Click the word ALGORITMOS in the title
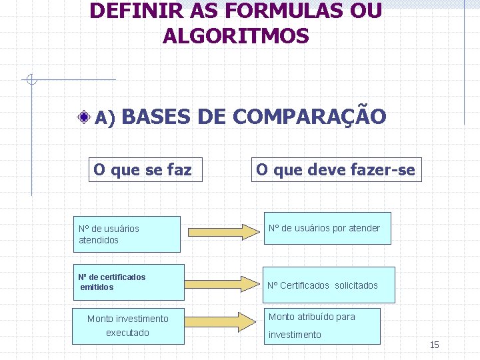pyautogui.click(x=235, y=36)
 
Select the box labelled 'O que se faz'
pyautogui.click(x=143, y=170)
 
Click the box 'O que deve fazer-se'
pyautogui.click(x=335, y=170)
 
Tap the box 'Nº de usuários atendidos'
pyautogui.click(x=127, y=234)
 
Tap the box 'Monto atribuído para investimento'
pyautogui.click(x=323, y=325)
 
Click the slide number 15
pyautogui.click(x=435, y=345)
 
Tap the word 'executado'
pyautogui.click(x=127, y=333)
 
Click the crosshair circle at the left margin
pyautogui.click(x=31, y=80)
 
